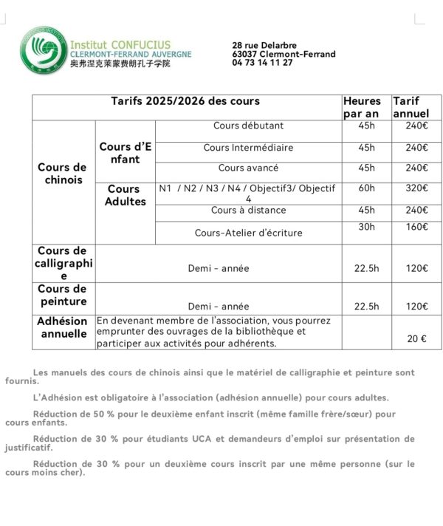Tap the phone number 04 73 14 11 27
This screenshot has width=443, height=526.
pyautogui.click(x=262, y=63)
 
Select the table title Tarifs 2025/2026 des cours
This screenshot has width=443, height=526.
pyautogui.click(x=185, y=101)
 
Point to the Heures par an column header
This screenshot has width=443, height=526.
pyautogui.click(x=363, y=107)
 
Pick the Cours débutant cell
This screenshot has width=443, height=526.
pyautogui.click(x=248, y=126)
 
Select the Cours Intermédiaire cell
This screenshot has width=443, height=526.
pyautogui.click(x=248, y=148)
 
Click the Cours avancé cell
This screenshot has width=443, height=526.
pyautogui.click(x=248, y=168)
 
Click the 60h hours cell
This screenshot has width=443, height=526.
pyautogui.click(x=366, y=188)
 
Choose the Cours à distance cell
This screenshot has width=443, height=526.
pyautogui.click(x=248, y=211)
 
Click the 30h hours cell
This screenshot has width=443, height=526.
pyautogui.click(x=366, y=227)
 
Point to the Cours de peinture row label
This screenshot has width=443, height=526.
pyautogui.click(x=62, y=296)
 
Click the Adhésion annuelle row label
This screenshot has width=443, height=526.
pyautogui.click(x=62, y=327)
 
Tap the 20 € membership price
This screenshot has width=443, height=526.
pyautogui.click(x=416, y=338)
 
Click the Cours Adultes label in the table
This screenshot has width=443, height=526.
pyautogui.click(x=126, y=196)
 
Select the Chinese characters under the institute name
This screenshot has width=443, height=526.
pyautogui.click(x=120, y=64)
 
